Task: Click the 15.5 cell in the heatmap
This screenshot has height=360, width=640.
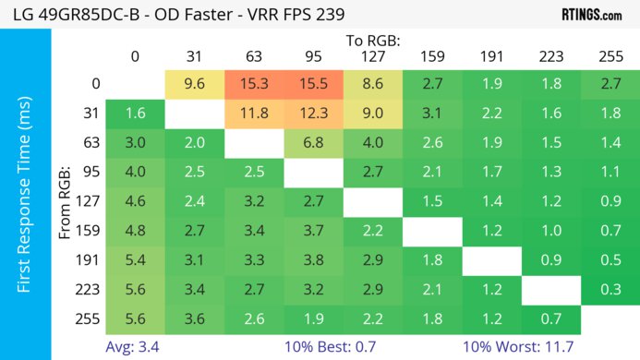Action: click(313, 84)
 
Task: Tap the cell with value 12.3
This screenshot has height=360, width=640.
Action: click(313, 114)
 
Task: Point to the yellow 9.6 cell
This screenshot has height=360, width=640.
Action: click(194, 84)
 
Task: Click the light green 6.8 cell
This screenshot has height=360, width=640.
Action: click(313, 143)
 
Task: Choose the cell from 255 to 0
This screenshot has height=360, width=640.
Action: click(135, 319)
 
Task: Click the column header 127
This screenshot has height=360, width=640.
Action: click(372, 55)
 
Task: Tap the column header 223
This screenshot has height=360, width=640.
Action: click(550, 55)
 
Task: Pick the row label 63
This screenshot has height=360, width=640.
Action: click(91, 143)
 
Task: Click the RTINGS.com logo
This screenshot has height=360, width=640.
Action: click(591, 15)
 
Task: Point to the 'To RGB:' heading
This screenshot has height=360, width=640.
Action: click(372, 40)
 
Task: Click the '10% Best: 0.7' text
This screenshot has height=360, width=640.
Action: click(343, 347)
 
